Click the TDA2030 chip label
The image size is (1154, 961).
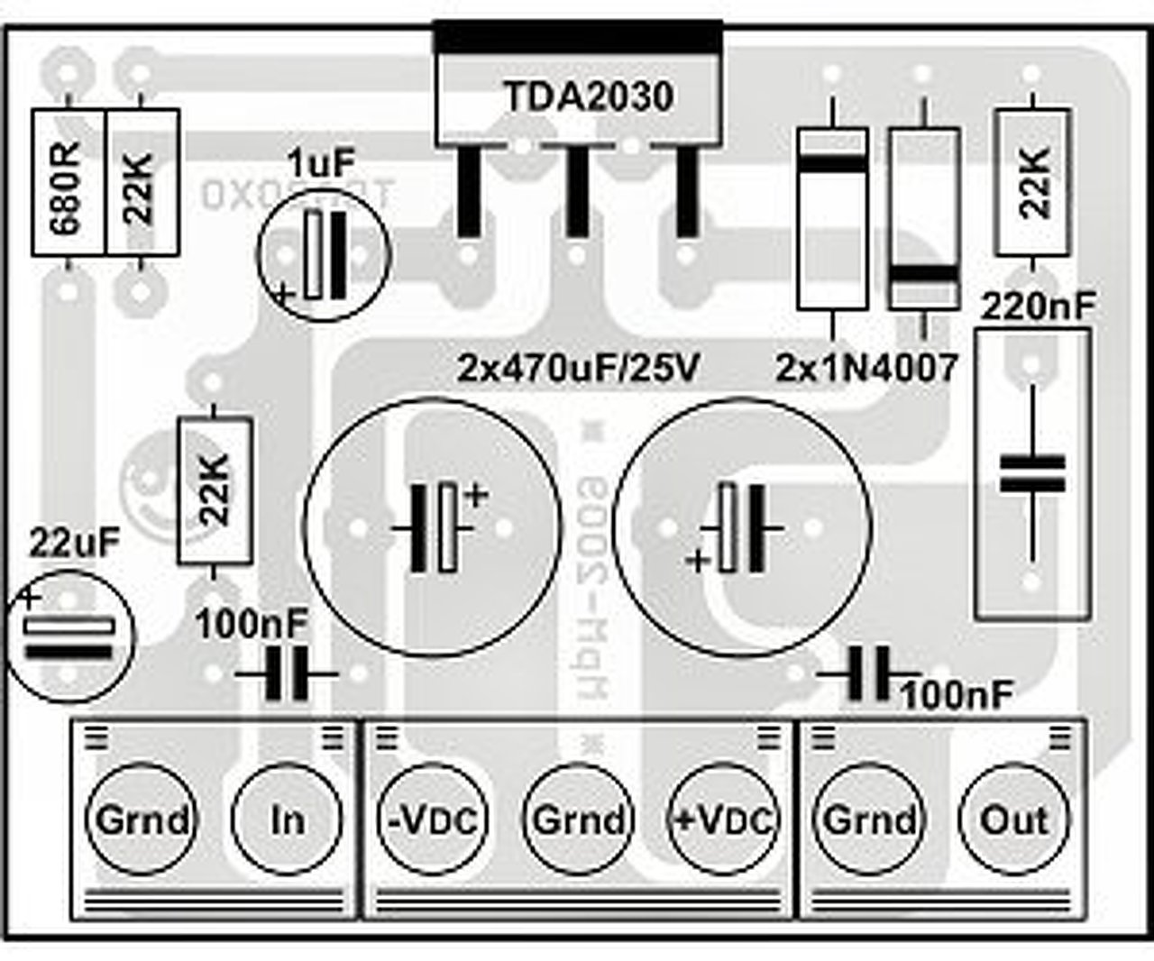tap(588, 96)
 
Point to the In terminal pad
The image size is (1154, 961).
tap(287, 819)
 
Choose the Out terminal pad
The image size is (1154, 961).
tap(1014, 819)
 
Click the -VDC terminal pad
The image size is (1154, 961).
tap(432, 819)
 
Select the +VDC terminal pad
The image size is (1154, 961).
tap(723, 819)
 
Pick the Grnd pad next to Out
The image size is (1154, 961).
tap(869, 819)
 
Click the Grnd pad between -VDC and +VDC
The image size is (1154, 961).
tap(578, 819)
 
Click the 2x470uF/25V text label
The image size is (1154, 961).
tap(578, 367)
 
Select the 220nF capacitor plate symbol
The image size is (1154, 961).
tap(1032, 474)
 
